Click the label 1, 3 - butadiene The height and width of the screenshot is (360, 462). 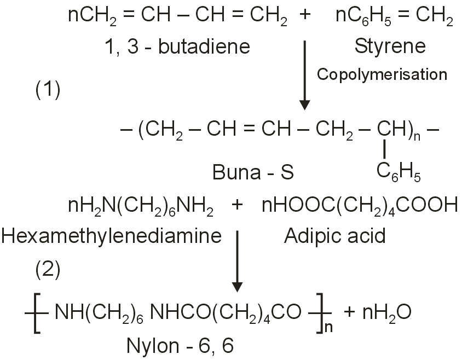[x=177, y=47]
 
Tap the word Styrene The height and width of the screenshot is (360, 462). [x=389, y=46]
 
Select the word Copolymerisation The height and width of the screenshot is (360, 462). [x=382, y=74]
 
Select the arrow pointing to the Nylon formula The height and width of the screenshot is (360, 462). [x=236, y=260]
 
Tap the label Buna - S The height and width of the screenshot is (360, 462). [x=253, y=173]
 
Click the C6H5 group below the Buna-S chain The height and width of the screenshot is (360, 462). [x=398, y=172]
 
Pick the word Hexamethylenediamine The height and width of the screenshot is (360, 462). [x=111, y=236]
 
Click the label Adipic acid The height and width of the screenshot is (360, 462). [x=335, y=236]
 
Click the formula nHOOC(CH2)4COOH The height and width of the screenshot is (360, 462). [x=360, y=206]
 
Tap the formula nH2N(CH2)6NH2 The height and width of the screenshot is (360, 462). [x=140, y=206]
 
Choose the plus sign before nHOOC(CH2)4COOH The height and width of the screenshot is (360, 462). [x=237, y=206]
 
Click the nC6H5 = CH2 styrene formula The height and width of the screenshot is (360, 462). [x=394, y=18]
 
